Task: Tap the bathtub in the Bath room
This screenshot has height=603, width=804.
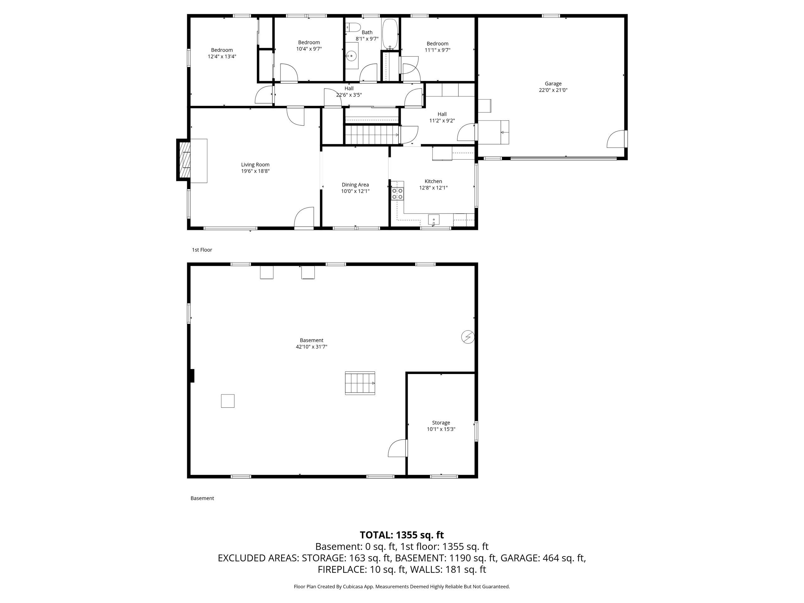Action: [390, 34]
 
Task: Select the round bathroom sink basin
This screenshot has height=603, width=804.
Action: [351, 56]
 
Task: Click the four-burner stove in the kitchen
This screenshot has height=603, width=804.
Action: [397, 193]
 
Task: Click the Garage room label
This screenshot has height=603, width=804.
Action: [553, 84]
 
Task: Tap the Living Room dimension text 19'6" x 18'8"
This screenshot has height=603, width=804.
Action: [255, 171]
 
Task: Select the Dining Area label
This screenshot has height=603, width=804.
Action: [355, 185]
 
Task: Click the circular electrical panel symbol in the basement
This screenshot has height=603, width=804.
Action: [468, 337]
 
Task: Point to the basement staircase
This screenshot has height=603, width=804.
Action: [360, 383]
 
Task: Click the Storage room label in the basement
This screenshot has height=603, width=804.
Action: [441, 423]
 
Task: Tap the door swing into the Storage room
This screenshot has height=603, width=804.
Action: [398, 448]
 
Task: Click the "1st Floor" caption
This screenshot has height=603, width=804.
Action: [202, 250]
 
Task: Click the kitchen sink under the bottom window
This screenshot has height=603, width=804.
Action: [434, 220]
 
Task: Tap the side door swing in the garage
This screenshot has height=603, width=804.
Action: [617, 139]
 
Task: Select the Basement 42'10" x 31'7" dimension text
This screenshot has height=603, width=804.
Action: [312, 347]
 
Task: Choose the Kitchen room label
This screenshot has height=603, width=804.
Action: [433, 182]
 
